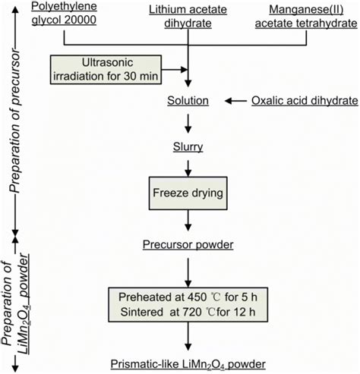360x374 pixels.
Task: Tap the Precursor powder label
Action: point(188,244)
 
